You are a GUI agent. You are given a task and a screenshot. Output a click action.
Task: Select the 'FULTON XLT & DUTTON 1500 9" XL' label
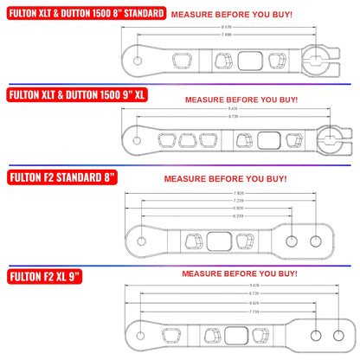click(x=75, y=96)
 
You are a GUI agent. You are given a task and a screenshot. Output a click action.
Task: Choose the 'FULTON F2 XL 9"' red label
click(x=46, y=277)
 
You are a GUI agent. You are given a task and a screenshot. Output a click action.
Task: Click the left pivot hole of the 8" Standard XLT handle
click(x=140, y=60)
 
